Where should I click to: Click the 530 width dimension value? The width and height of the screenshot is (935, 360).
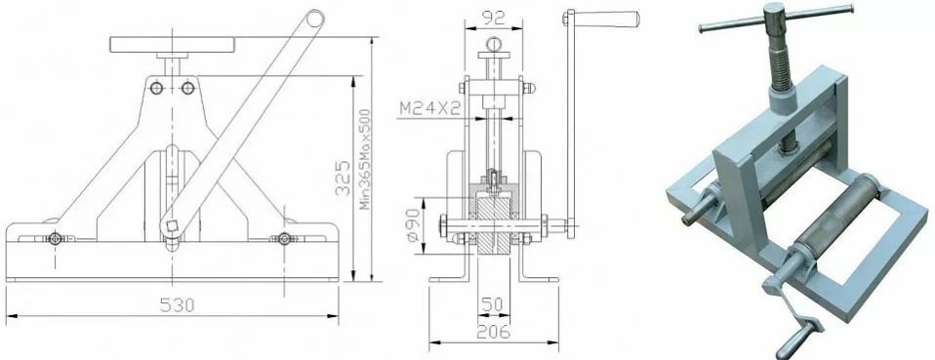point(177,305)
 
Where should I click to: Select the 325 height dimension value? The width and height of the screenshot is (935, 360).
point(343,178)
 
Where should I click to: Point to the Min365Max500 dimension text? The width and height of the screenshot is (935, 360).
point(365,159)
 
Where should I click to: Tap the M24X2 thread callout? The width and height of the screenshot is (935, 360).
point(430,108)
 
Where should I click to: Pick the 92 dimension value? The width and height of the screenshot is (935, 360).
point(493,19)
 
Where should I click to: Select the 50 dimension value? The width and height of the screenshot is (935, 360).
point(493,304)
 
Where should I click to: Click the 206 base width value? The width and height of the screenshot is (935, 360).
point(493,332)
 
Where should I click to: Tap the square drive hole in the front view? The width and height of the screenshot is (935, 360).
point(173,226)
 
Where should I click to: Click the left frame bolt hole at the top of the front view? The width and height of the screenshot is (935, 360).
point(157,88)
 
